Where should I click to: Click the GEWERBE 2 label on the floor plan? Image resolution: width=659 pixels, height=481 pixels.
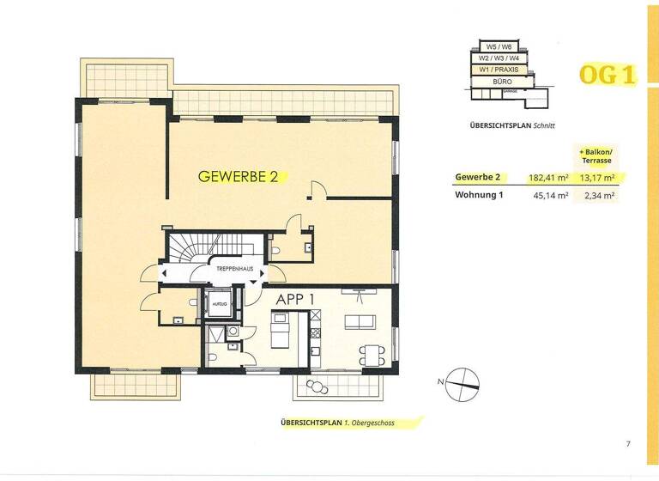click(238, 177)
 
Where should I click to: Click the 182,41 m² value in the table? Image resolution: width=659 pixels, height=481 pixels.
click(551, 177)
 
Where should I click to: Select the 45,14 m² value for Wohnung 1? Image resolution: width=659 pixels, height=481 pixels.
click(553, 196)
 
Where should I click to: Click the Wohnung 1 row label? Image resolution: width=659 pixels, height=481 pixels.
click(479, 196)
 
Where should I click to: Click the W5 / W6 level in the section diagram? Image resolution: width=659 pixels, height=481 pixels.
click(500, 46)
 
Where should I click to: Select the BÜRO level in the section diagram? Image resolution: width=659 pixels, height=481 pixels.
click(502, 80)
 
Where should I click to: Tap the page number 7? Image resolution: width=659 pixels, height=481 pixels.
click(628, 443)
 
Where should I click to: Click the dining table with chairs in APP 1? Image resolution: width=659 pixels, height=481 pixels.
click(370, 352)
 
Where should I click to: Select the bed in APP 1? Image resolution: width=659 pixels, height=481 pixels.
click(280, 332)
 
